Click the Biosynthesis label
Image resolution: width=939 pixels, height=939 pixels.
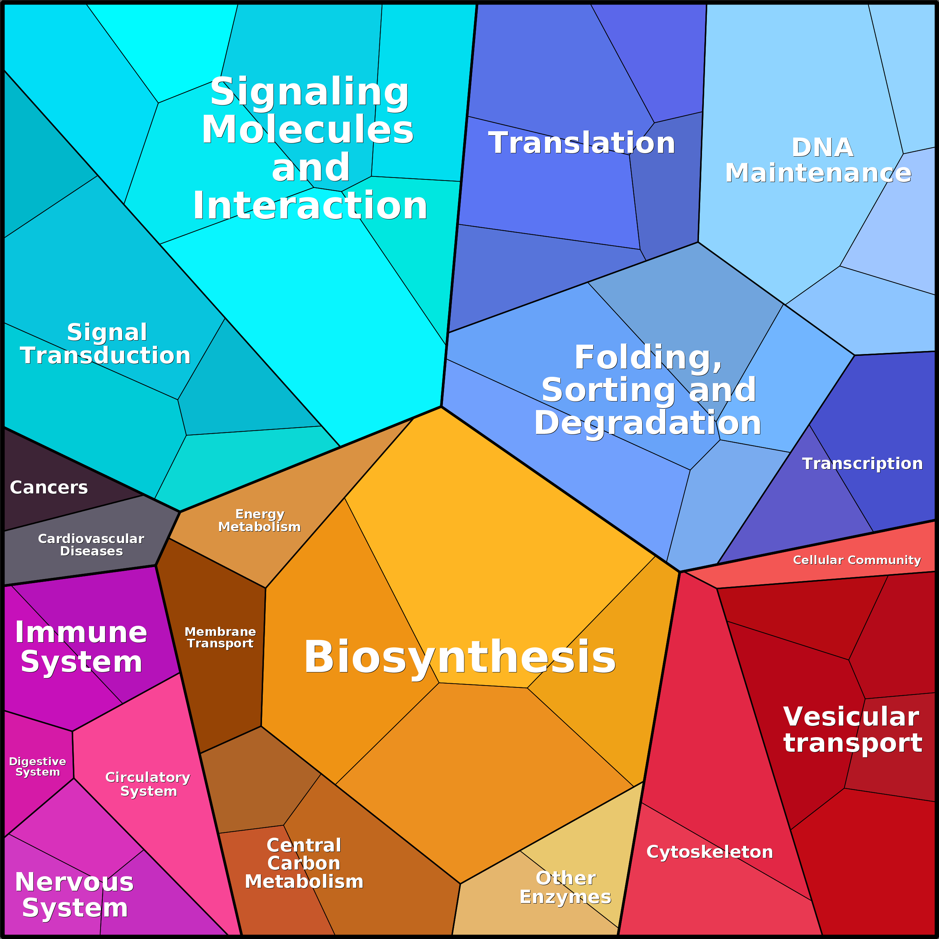460,657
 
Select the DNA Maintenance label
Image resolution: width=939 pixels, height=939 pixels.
818,160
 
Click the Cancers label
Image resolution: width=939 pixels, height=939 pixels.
49,487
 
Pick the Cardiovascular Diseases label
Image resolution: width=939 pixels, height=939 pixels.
91,545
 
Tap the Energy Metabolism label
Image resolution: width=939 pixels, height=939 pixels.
259,521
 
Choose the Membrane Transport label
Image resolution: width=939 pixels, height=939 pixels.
220,637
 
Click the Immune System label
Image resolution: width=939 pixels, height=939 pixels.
81,647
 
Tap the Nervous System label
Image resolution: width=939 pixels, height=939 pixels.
74,895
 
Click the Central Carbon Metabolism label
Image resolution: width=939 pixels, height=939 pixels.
304,863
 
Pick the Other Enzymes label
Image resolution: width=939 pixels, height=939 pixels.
565,887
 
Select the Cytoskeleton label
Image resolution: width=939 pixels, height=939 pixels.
709,852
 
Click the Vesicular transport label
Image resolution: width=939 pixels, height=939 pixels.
853,730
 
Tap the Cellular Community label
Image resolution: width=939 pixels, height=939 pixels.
857,560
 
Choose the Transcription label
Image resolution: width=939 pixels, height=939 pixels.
862,463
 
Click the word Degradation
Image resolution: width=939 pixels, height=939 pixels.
647,423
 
